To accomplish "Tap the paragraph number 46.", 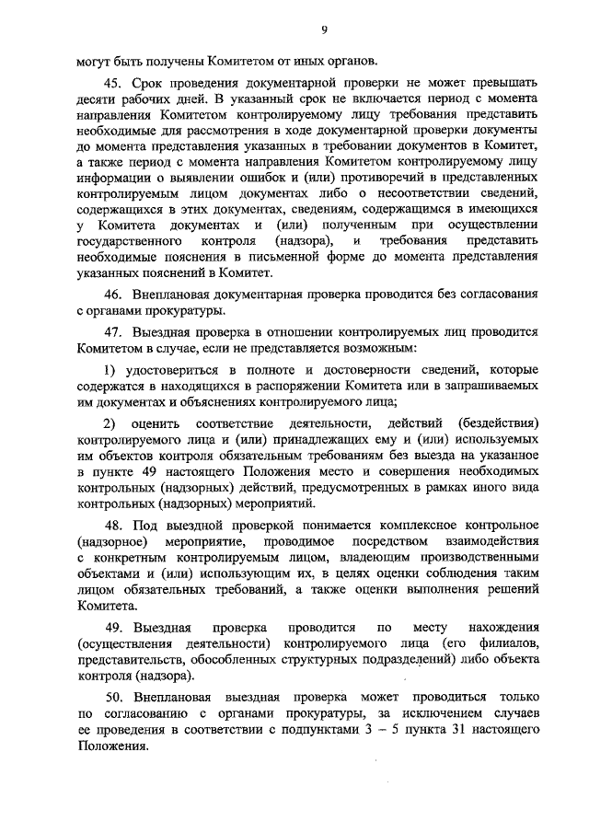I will point(112,295).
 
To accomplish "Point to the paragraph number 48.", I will point(112,524).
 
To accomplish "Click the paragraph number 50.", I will point(112,689).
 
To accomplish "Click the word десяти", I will point(98,98).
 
